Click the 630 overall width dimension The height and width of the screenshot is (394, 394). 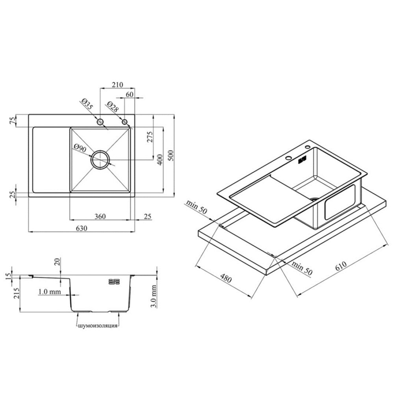pyautogui.click(x=82, y=228)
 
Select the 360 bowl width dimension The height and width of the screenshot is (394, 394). pyautogui.click(x=100, y=216)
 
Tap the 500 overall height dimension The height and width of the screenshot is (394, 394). pyautogui.click(x=170, y=156)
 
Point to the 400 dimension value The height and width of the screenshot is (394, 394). pyautogui.click(x=160, y=159)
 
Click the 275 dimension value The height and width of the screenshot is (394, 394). pyautogui.click(x=150, y=137)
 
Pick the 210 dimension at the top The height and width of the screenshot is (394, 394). pyautogui.click(x=117, y=85)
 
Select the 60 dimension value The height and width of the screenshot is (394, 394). pyautogui.click(x=129, y=95)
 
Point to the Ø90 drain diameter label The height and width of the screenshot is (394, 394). pyautogui.click(x=80, y=148)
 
